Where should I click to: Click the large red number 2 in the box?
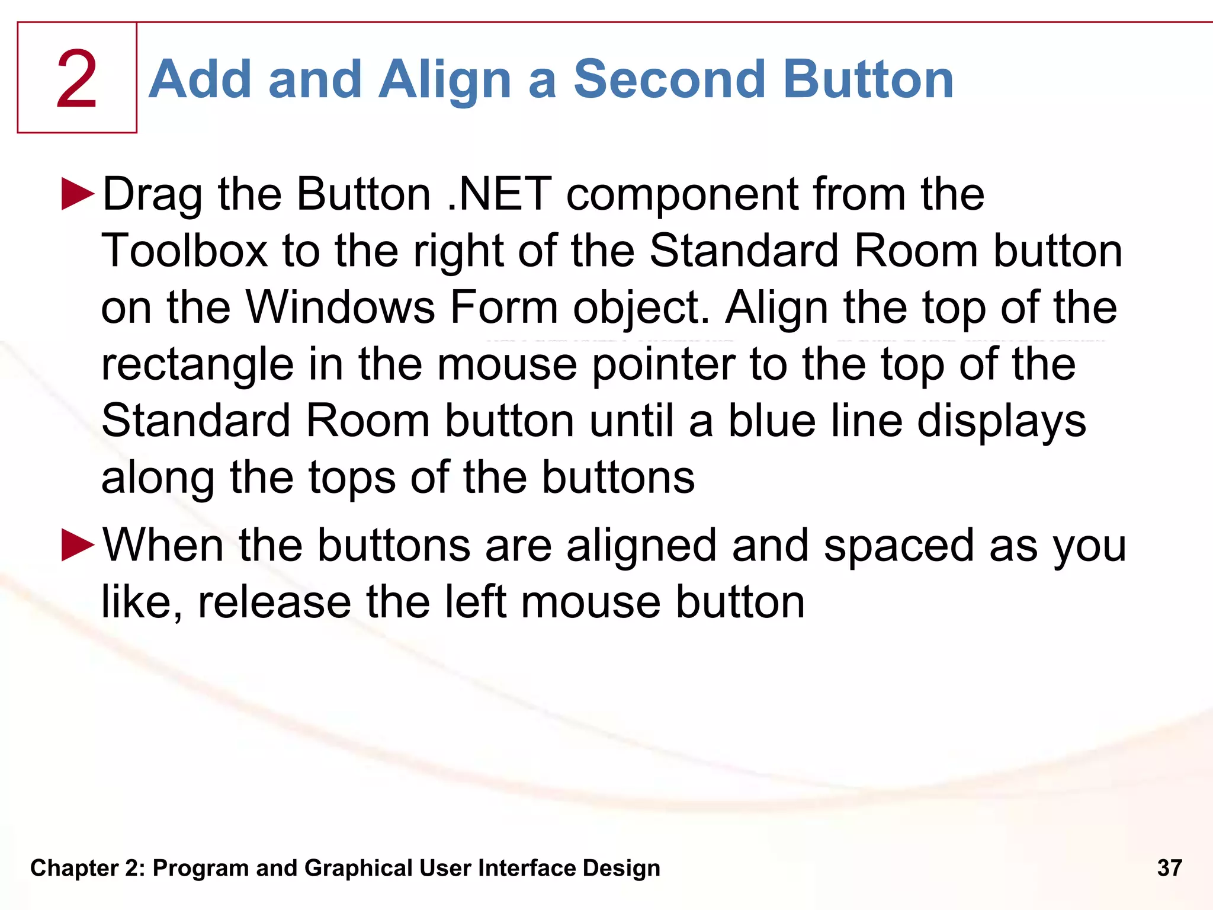76,80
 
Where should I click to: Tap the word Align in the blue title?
444,79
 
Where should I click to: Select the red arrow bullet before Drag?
78,194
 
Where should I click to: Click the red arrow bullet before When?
78,545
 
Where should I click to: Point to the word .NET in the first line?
499,194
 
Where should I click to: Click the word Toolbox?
184,251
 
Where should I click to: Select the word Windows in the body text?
340,307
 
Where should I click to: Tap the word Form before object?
504,307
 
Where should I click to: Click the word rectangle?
197,364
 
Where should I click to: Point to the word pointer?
663,364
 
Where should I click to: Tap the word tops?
352,478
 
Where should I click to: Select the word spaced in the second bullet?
898,545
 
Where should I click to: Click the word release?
274,602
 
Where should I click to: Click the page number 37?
1169,868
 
